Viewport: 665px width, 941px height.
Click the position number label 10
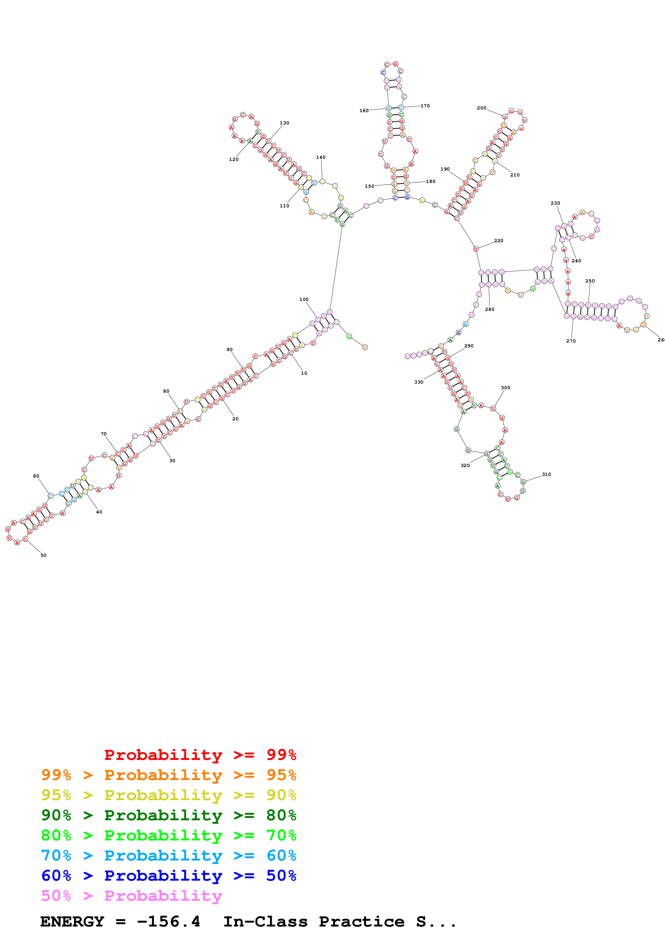point(304,373)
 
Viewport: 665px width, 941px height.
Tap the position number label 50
point(43,555)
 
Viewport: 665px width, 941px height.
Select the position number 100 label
point(304,300)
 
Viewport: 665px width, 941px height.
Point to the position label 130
point(284,123)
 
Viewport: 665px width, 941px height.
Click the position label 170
point(425,106)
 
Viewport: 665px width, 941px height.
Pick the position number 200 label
point(482,108)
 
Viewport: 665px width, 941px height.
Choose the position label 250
point(590,281)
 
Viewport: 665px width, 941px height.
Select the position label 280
point(490,310)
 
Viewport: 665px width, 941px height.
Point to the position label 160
point(364,111)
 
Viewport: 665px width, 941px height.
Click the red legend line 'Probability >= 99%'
point(200,755)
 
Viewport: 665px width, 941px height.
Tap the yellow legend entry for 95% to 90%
point(168,795)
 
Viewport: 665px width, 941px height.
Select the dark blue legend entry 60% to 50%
point(168,876)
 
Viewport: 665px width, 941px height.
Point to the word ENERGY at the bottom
point(72,921)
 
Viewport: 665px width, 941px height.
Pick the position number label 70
point(104,433)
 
